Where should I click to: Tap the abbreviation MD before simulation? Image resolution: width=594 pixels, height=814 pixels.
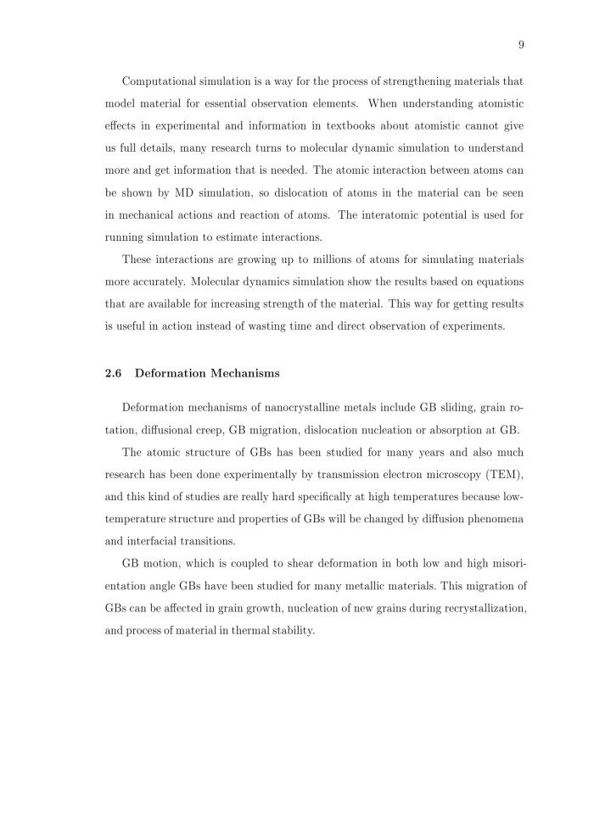pyautogui.click(x=199, y=193)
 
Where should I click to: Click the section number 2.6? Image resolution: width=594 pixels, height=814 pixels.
pyautogui.click(x=113, y=372)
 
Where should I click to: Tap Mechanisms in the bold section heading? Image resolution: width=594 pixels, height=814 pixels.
pyautogui.click(x=243, y=372)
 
